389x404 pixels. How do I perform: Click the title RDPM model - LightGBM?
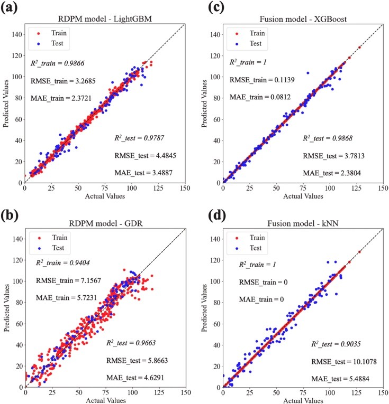pyautogui.click(x=105, y=21)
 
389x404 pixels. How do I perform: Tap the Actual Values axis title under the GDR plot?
pyautogui.click(x=105, y=400)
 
